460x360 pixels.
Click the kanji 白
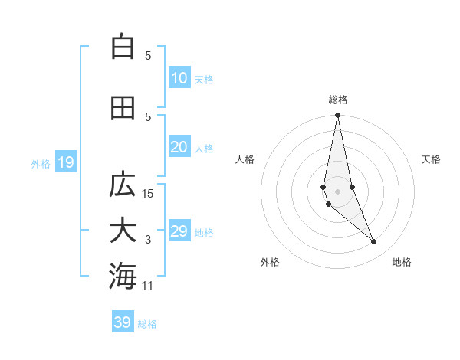click(123, 47)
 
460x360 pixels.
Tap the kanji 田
click(123, 108)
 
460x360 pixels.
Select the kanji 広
click(123, 185)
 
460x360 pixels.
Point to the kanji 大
click(123, 231)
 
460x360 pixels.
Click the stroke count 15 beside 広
click(148, 194)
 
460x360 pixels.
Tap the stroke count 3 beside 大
click(148, 240)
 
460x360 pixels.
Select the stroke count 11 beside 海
click(148, 286)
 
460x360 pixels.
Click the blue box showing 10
click(179, 78)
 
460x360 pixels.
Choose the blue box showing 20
click(179, 147)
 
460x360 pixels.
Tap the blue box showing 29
click(179, 231)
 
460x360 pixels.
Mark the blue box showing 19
click(65, 162)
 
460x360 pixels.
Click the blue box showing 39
click(122, 322)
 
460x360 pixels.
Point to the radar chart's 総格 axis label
click(338, 100)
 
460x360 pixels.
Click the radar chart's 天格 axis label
click(432, 159)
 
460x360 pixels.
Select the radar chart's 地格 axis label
click(402, 262)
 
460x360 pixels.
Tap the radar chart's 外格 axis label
click(270, 262)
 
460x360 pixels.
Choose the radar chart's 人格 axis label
click(245, 159)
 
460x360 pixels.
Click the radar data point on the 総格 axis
click(337, 116)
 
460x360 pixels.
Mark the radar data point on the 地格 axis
click(374, 242)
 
